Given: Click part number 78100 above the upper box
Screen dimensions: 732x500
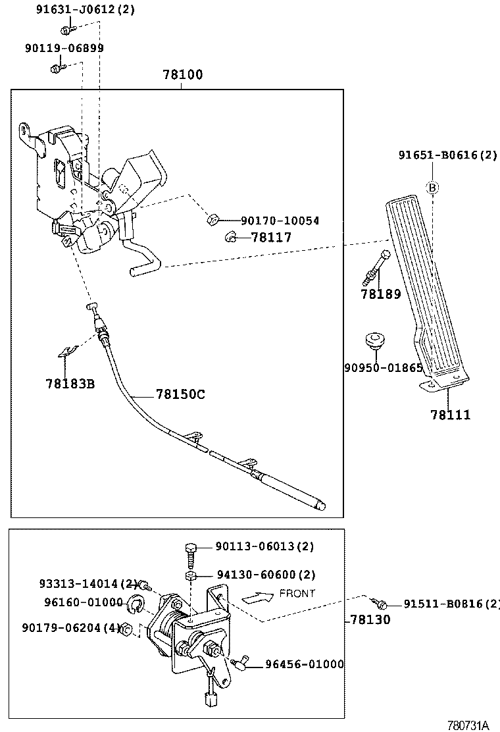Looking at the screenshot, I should point(183,75).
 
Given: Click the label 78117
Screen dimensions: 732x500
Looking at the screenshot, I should point(270,237).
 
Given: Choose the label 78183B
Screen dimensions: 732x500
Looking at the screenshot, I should point(70,383).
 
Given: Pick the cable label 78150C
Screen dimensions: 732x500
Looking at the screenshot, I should point(180,394).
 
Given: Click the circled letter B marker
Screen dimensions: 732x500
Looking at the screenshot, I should point(433,188).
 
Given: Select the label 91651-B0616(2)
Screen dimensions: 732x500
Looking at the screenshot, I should point(447,155).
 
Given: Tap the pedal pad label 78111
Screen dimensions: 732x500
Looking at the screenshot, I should point(450,415).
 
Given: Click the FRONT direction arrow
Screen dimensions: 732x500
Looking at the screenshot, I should point(258,598).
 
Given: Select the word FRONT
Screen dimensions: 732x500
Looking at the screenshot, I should point(297,593).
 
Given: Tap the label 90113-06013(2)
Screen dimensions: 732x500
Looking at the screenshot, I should point(264,546).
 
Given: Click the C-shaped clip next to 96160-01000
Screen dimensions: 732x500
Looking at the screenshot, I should point(136,604).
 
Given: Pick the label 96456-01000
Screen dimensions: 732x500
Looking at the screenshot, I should point(304,664).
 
